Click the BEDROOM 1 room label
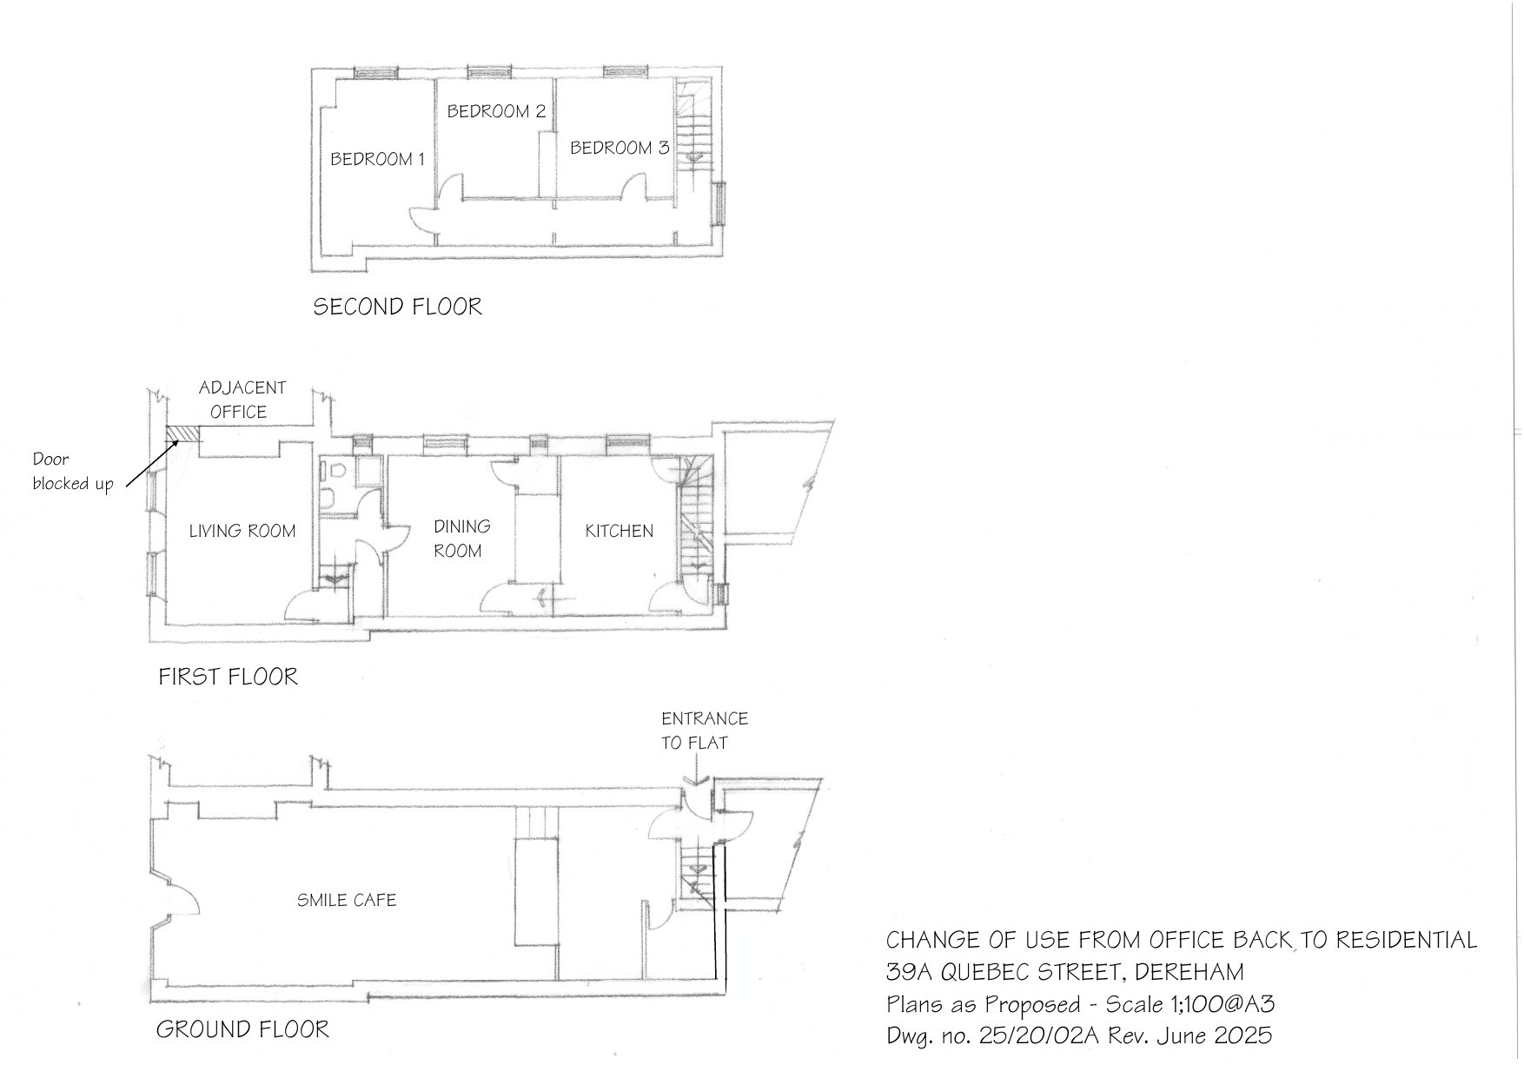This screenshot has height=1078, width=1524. (x=377, y=159)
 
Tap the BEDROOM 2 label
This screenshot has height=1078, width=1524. (x=496, y=111)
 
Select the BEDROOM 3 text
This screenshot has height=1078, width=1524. (x=619, y=148)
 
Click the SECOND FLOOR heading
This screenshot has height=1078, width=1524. (x=397, y=307)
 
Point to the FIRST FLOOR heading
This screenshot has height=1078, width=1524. (x=228, y=677)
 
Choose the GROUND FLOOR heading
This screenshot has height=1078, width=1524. (x=242, y=1029)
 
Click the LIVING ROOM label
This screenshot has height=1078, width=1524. (x=242, y=531)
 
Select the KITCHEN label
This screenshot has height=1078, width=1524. (x=619, y=531)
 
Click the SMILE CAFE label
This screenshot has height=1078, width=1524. (x=347, y=900)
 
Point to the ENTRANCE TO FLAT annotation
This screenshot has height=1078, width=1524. (x=704, y=731)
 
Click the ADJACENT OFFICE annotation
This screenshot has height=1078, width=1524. (x=242, y=400)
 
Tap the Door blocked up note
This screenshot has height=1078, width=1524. (x=72, y=472)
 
